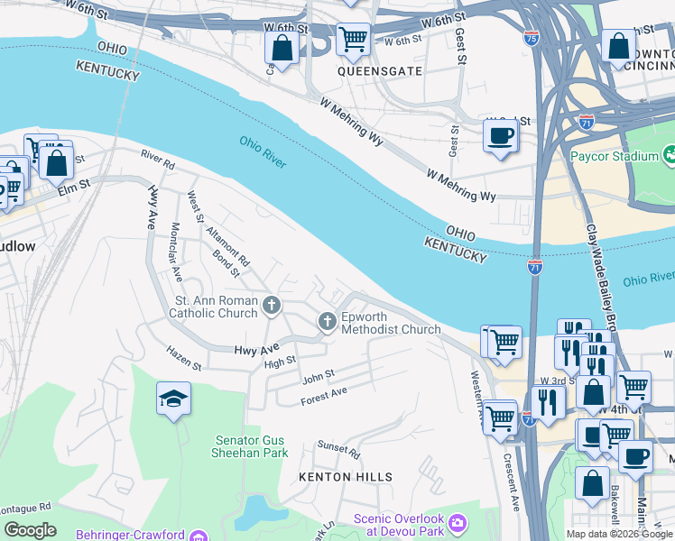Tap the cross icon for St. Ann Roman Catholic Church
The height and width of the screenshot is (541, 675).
click(x=270, y=307)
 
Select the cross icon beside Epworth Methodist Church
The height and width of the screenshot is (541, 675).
click(x=327, y=321)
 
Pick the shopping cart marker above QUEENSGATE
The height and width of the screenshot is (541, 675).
click(x=352, y=39)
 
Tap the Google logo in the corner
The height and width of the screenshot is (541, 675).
click(x=30, y=530)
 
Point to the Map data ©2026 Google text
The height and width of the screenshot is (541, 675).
click(x=619, y=534)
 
